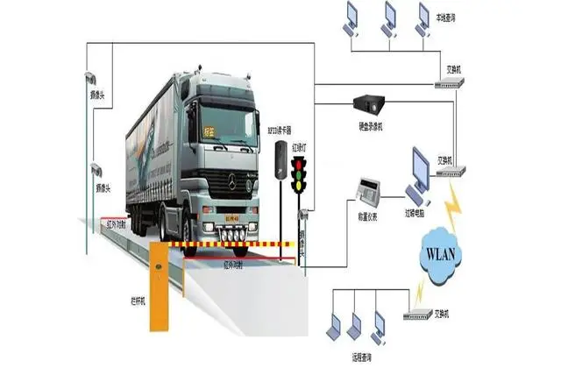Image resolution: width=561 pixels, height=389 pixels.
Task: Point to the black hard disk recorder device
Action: [372, 105]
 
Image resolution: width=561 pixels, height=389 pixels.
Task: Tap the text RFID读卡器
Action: [279, 129]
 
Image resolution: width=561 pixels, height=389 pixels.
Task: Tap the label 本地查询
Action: [446, 17]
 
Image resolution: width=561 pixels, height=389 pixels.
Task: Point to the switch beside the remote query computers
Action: [415, 313]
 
